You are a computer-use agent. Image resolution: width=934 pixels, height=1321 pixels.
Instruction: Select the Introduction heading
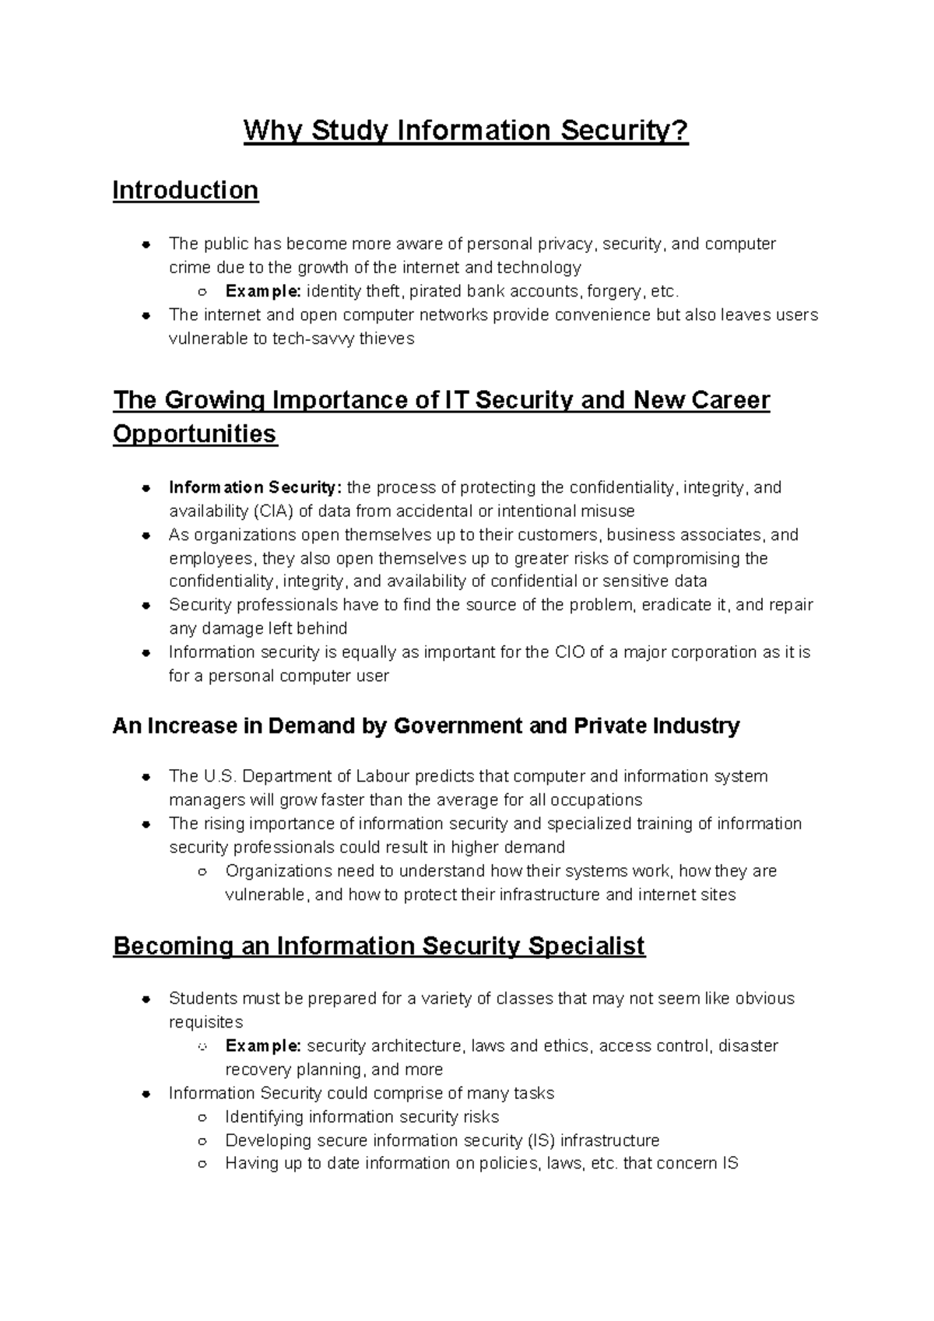[x=185, y=190]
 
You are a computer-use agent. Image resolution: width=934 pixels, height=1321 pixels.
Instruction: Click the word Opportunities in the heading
[x=195, y=434]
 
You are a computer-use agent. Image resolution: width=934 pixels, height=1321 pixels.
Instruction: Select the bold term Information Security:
[x=255, y=488]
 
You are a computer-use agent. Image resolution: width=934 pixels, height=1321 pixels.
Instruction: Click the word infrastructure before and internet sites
[x=550, y=894]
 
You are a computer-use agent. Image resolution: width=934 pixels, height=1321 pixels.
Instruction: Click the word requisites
[x=205, y=1022]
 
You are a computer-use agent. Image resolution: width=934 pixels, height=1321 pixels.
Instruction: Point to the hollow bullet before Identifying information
[x=202, y=1118]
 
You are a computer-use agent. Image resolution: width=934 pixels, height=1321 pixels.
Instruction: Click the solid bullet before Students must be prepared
[x=146, y=1000]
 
